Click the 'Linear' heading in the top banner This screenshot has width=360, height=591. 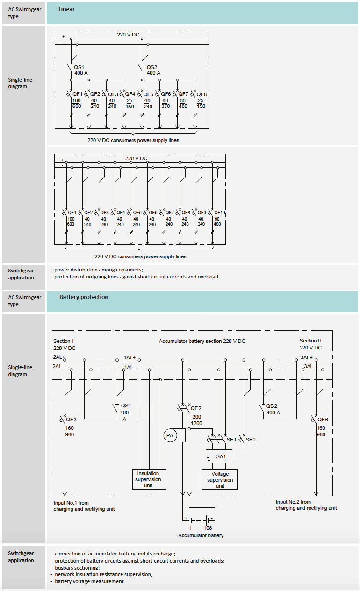[x=66, y=9]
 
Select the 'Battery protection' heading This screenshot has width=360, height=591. [x=84, y=297]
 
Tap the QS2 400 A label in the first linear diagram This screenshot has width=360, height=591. [x=153, y=70]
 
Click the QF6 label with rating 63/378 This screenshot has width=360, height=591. [x=166, y=94]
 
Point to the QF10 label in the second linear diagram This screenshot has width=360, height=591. [x=220, y=213]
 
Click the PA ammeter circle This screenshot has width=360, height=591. [x=170, y=435]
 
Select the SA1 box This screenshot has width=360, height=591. [x=219, y=456]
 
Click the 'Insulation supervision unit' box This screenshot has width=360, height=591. [x=148, y=479]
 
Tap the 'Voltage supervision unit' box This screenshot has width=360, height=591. [x=219, y=479]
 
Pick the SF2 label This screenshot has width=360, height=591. [x=251, y=440]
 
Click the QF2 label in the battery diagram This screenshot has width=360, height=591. [x=196, y=408]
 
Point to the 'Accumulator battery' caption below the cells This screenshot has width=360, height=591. [x=201, y=535]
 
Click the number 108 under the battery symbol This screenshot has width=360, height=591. [x=208, y=528]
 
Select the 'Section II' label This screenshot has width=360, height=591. [x=310, y=341]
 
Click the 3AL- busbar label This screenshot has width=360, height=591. [x=310, y=366]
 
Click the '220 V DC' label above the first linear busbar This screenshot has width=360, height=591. [x=128, y=35]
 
